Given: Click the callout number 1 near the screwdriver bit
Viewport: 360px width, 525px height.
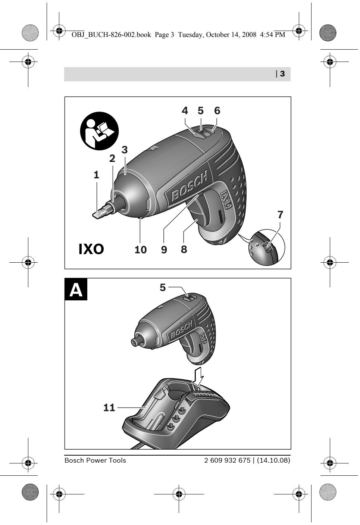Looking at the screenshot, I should point(96,175).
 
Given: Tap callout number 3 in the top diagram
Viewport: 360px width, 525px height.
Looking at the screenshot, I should point(125,150).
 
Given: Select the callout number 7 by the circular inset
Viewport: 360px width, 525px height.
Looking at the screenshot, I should point(280,215).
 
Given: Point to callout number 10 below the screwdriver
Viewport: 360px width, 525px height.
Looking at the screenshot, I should point(141,249).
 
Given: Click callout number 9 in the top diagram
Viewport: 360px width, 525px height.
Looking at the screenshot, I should point(164,249).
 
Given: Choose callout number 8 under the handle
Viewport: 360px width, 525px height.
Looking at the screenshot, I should point(184,249).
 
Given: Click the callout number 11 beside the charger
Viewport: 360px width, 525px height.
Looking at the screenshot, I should point(109,407).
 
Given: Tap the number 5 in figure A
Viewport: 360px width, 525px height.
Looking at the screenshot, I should point(163,287).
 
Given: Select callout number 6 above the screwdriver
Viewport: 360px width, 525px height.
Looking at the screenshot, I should point(217,110).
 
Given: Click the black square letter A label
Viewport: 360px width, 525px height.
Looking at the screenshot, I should point(76,290).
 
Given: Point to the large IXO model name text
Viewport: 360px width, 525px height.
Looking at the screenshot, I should point(91,249).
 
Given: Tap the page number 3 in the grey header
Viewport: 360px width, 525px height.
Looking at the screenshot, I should point(282,74).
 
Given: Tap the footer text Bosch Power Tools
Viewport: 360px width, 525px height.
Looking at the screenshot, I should point(95,460).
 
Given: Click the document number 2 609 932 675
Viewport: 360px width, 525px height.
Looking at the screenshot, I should point(227,460).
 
